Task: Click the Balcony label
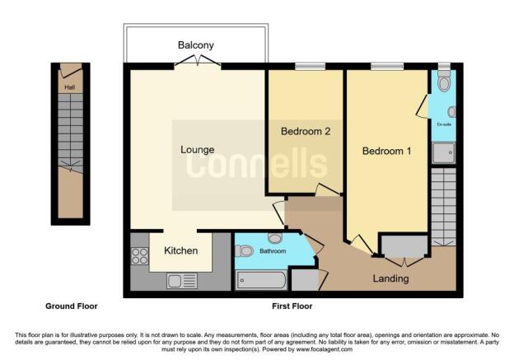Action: click(x=196, y=44)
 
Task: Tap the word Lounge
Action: click(x=198, y=150)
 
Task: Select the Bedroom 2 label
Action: click(x=306, y=131)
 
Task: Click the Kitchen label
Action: click(x=180, y=250)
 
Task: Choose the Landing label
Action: click(x=390, y=278)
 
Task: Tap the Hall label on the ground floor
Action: click(x=70, y=85)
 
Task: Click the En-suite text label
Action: click(x=444, y=124)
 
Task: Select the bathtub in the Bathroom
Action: click(x=260, y=280)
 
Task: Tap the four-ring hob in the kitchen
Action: click(x=139, y=256)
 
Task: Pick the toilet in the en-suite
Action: click(x=444, y=82)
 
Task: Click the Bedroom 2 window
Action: click(x=306, y=67)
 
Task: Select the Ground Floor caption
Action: click(x=71, y=306)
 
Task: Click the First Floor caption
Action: click(x=292, y=306)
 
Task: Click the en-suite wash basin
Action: click(x=451, y=112)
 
